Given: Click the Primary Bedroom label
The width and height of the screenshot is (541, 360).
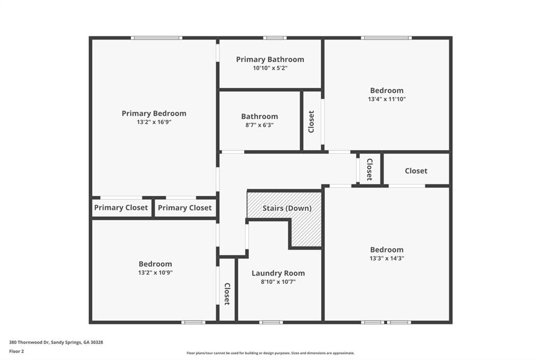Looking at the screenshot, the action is pos(154,113).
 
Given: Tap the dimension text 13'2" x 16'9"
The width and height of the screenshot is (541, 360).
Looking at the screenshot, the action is pos(154,122).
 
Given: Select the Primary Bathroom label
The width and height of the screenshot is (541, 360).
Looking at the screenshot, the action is pos(270,59).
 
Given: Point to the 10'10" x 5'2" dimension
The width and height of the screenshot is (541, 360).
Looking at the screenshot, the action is pos(270,68).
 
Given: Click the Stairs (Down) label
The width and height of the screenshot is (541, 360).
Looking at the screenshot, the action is pos(287,209).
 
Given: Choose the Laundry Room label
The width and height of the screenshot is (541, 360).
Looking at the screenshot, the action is pos(278,273).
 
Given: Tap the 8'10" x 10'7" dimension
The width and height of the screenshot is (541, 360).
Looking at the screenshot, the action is pos(278,282).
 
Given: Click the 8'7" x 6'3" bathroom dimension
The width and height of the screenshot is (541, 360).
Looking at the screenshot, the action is pos(259,125).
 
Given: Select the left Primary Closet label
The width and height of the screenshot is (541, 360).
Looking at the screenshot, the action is pos(121,207).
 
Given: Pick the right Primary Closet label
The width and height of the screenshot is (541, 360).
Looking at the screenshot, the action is pos(184,207).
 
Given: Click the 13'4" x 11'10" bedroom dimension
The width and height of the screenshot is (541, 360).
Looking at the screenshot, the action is pos(387,99).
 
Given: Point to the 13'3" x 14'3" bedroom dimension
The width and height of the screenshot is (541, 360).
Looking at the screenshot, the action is pos(387,258).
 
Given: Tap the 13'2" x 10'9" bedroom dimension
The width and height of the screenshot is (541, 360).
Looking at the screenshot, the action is pos(155,272).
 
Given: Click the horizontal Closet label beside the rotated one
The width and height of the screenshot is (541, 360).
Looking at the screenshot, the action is pos(416,170).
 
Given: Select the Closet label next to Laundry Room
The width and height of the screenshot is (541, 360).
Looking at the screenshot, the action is pos(227,294).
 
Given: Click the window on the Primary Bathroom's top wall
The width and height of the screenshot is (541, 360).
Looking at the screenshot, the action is pos(275,38).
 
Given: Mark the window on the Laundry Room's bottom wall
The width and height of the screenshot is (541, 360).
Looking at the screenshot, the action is pos(271,323).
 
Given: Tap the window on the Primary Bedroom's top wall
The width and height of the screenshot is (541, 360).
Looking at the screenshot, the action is pos(156,38).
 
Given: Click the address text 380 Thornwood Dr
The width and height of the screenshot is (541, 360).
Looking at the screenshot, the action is pos(30,343).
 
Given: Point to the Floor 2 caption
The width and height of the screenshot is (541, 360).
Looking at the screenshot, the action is pos(16,352).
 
